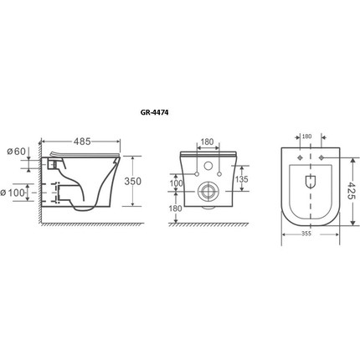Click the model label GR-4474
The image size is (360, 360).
pyautogui.click(x=154, y=112)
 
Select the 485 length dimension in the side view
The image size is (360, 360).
pyautogui.click(x=82, y=141)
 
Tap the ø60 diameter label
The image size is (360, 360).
pyautogui.click(x=16, y=152)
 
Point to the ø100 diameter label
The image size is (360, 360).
pyautogui.click(x=13, y=193)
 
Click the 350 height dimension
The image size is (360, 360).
pyautogui.click(x=132, y=182)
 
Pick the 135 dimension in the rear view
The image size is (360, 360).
pyautogui.click(x=241, y=179)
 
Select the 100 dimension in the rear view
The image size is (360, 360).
pyautogui.click(x=176, y=183)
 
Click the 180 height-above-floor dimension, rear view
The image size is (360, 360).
pyautogui.click(x=176, y=208)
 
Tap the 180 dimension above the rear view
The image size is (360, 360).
pyautogui.click(x=207, y=141)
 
